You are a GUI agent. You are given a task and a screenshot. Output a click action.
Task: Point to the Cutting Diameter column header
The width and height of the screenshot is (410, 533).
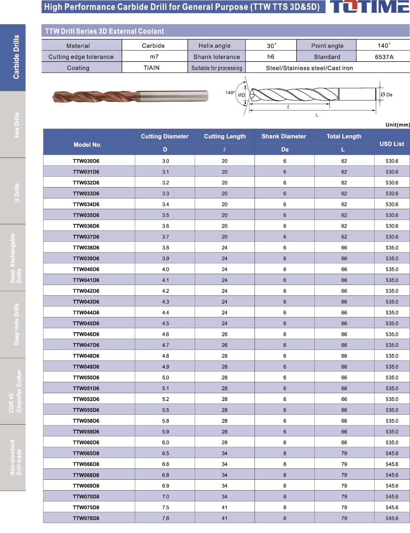click(164, 137)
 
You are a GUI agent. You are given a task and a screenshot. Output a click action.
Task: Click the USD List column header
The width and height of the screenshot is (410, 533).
click(392, 144)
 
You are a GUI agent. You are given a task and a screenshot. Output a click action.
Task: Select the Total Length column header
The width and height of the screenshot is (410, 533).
click(344, 137)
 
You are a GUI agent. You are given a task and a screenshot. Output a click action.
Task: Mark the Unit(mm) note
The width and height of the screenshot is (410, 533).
click(397, 124)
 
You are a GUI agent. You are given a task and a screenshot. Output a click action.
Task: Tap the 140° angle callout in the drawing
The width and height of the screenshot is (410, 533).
click(230, 93)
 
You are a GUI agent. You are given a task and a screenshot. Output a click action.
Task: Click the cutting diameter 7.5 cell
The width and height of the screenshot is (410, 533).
click(165, 508)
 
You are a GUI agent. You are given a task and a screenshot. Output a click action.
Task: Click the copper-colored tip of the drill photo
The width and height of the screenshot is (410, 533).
click(59, 97)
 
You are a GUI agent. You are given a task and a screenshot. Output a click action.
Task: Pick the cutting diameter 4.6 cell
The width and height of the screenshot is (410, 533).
click(165, 334)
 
